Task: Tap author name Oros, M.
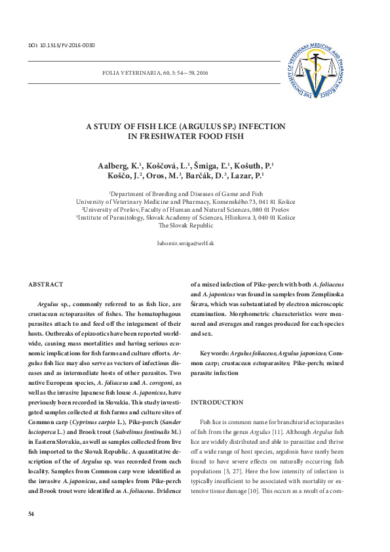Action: point(174,176)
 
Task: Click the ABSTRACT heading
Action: point(46,284)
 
